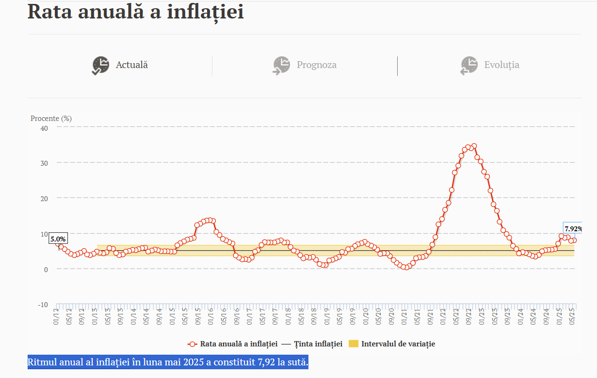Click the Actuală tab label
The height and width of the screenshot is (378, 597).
[131, 65]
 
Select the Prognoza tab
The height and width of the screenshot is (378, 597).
[316, 65]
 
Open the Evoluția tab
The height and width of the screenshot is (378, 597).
[501, 65]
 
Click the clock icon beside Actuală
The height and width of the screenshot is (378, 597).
[101, 66]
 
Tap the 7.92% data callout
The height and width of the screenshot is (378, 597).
[573, 229]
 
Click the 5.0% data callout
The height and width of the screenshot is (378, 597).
[58, 239]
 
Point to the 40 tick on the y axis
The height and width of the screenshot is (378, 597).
[44, 128]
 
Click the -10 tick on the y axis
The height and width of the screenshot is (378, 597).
[43, 305]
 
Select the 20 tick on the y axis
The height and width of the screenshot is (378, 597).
[44, 198]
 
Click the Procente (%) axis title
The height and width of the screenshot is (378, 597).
[51, 118]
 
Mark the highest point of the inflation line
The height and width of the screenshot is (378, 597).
[474, 146]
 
